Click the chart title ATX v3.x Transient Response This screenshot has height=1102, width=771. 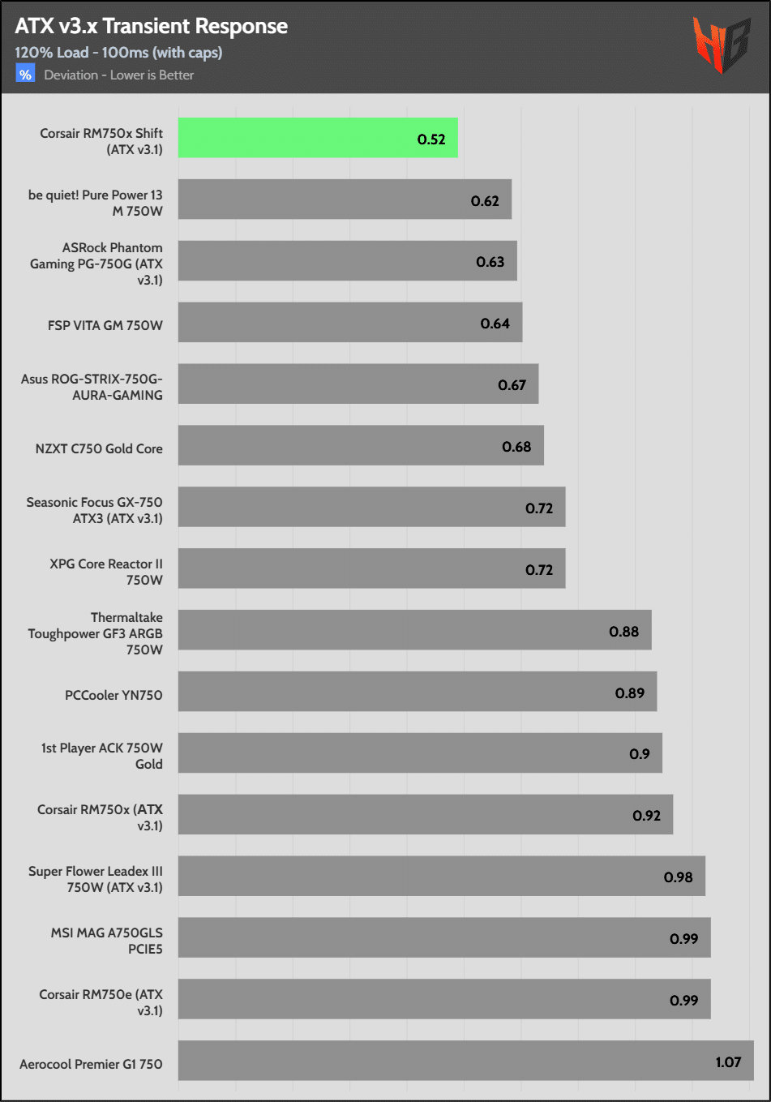click(151, 26)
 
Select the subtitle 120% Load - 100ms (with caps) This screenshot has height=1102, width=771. click(118, 53)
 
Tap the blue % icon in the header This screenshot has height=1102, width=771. click(25, 75)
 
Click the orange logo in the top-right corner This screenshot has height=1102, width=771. click(721, 45)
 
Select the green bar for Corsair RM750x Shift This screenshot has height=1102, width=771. click(318, 138)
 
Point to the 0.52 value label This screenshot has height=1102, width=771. click(431, 139)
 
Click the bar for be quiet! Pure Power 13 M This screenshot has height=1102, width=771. click(345, 199)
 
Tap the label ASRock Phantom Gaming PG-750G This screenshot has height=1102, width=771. click(97, 264)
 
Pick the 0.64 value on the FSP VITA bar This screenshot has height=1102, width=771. click(495, 324)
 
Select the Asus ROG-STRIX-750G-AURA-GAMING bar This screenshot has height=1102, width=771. click(358, 384)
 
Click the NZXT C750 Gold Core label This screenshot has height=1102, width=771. click(99, 448)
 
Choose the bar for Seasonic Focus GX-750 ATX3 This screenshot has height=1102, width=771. click(371, 507)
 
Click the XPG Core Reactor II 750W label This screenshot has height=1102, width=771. click(106, 572)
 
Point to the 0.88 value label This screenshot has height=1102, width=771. click(623, 632)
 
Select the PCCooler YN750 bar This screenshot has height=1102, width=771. click(417, 692)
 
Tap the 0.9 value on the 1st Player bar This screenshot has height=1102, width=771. click(639, 754)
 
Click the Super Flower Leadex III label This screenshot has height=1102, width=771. click(96, 879)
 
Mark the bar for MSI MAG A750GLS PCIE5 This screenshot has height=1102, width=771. click(444, 937)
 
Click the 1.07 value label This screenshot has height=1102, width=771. click(728, 1062)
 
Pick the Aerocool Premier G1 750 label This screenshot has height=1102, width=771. click(91, 1064)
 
